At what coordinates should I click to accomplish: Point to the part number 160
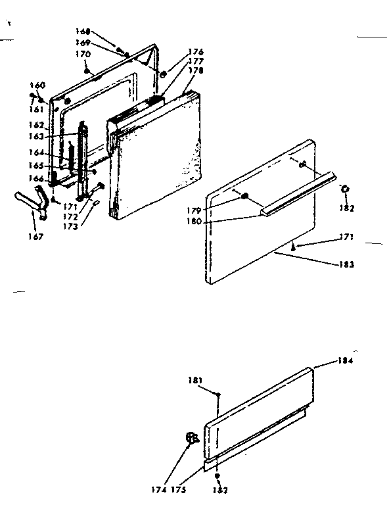pyautogui.click(x=38, y=85)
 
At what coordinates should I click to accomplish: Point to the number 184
pyautogui.click(x=346, y=360)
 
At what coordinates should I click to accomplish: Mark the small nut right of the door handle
pyautogui.click(x=346, y=190)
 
